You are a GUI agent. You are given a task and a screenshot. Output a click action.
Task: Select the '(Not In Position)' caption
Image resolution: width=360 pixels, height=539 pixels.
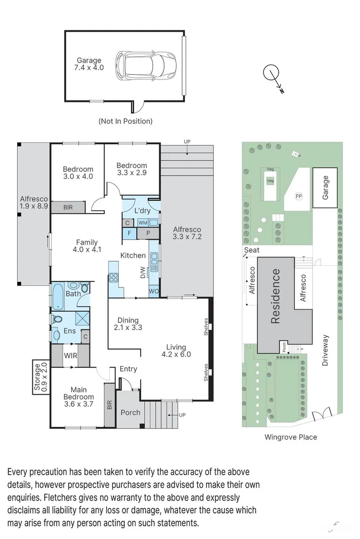point(125,121)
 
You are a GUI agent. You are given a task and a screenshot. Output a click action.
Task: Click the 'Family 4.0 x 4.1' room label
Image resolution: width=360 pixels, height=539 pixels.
point(88,246)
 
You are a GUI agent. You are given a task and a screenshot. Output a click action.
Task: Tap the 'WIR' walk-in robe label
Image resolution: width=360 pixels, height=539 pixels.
point(70,356)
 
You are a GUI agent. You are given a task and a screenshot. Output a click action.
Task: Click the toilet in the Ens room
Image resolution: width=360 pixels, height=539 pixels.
point(57,320)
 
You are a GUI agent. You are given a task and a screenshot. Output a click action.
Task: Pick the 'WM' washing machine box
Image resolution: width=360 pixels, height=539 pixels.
point(143,223)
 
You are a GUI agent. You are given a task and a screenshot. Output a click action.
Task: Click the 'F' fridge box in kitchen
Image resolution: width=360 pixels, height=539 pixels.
point(129,233)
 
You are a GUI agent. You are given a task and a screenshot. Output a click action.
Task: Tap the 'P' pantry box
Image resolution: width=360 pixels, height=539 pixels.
point(149,233)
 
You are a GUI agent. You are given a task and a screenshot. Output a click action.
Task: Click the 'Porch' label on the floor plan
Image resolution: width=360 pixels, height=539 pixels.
point(130,412)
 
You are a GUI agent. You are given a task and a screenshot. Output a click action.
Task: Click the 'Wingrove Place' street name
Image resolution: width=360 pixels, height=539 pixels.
point(291,437)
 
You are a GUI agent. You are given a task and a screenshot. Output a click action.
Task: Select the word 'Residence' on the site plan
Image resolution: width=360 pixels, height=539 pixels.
point(276,296)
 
